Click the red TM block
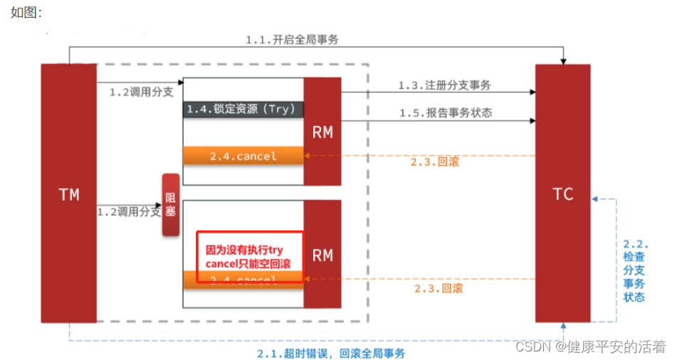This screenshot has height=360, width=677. click(68, 193)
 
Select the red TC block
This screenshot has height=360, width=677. click(562, 193)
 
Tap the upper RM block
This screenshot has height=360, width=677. click(322, 132)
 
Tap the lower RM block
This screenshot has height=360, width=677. click(322, 254)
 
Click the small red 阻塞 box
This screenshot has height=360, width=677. click(171, 205)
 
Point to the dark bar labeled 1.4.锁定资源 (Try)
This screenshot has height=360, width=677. click(243, 109)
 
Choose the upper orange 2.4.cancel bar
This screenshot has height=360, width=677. click(243, 156)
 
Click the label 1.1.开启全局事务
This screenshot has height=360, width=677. click(292, 40)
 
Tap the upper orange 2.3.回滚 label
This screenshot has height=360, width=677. click(435, 162)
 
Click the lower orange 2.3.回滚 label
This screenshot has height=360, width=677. click(439, 288)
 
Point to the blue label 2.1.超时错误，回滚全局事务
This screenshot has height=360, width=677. click(331, 353)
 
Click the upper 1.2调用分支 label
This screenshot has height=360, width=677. click(141, 92)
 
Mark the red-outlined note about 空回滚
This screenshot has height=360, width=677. click(249, 257)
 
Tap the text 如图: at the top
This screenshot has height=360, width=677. click(26, 13)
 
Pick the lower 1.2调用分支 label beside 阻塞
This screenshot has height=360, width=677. click(129, 211)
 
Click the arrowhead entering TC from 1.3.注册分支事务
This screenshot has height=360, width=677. click(532, 92)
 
